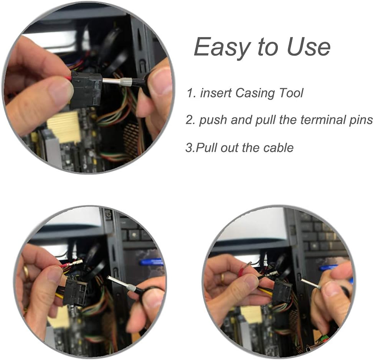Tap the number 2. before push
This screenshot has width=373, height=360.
pyautogui.click(x=191, y=120)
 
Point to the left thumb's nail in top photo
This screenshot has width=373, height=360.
pyautogui.click(x=61, y=91)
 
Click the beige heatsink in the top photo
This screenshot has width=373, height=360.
pyautogui.click(x=64, y=127)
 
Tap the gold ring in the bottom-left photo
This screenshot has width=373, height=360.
pyautogui.click(x=26, y=272)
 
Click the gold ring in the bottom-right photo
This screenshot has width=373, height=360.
pyautogui.click(x=223, y=278)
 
